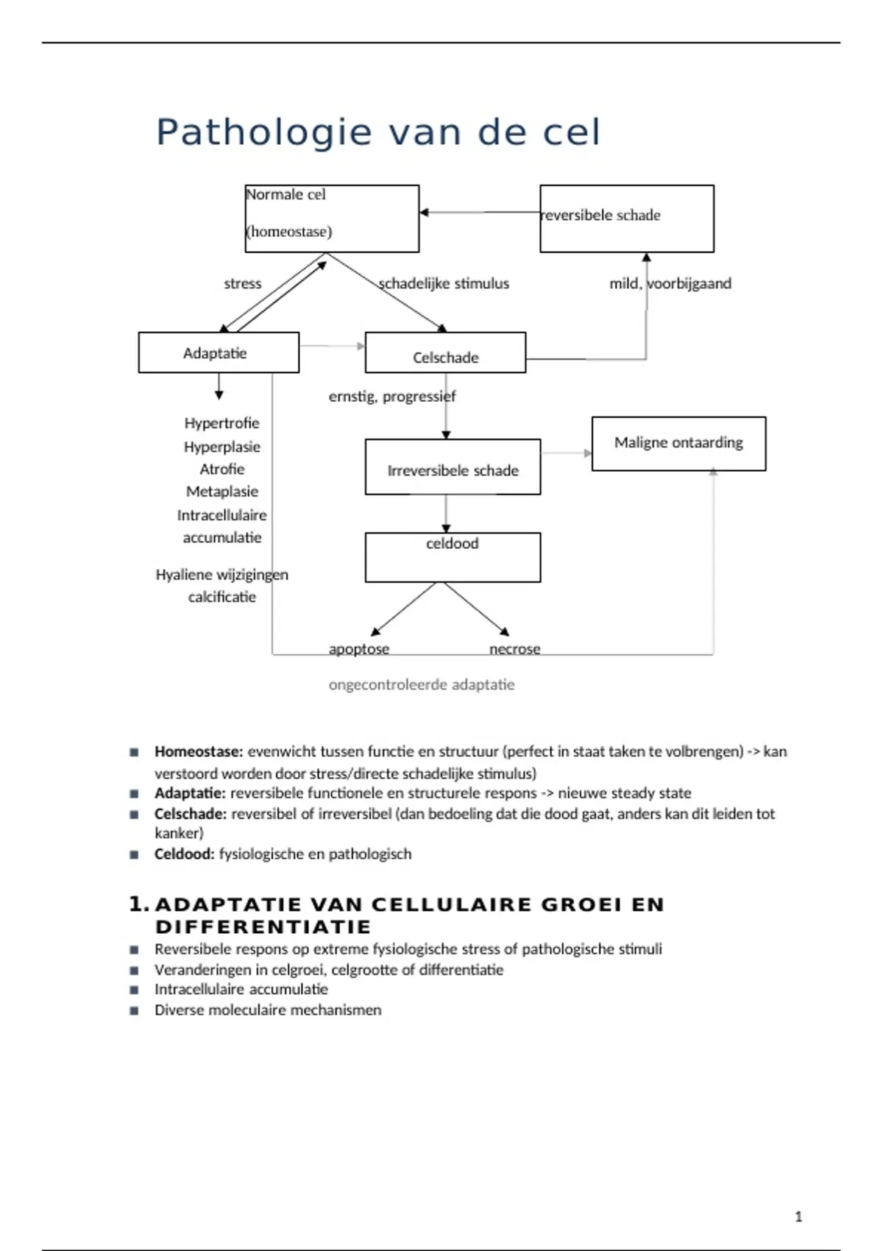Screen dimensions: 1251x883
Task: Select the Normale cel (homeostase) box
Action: click(x=332, y=219)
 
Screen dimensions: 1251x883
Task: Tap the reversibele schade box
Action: click(x=626, y=219)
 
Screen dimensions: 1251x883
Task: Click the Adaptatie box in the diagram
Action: click(x=219, y=352)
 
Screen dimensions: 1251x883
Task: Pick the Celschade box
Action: click(x=445, y=353)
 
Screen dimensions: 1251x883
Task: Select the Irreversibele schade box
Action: click(x=453, y=467)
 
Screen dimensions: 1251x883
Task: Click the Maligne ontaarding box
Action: click(x=678, y=443)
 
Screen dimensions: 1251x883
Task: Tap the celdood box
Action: click(x=453, y=557)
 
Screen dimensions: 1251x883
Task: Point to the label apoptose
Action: click(x=359, y=649)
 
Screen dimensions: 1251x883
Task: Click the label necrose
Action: click(x=515, y=649)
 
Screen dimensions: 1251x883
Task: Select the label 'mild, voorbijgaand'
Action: click(x=670, y=283)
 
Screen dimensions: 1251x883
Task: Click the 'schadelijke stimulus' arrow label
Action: click(x=444, y=283)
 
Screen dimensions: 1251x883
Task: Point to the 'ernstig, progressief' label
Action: click(x=392, y=397)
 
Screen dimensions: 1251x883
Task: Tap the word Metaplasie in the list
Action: click(x=222, y=492)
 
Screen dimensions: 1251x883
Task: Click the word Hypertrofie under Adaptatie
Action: click(x=222, y=423)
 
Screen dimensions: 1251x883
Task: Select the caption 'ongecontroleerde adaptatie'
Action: click(x=422, y=685)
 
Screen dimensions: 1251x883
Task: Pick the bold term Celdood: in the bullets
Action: click(x=185, y=854)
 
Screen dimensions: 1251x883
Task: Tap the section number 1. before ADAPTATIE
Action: click(x=138, y=904)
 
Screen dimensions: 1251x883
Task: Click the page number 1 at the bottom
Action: click(x=798, y=1217)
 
